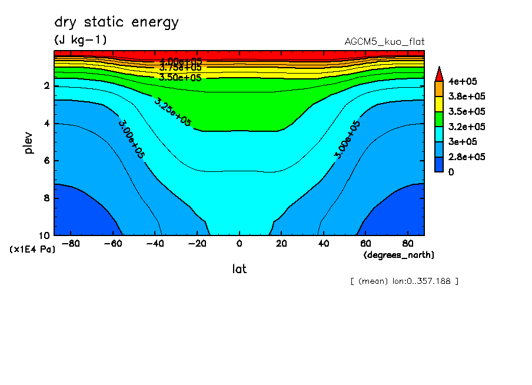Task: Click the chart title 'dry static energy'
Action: click(116, 23)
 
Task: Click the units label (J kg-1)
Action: click(80, 40)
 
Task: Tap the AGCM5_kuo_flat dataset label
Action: click(384, 42)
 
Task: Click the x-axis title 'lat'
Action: click(239, 269)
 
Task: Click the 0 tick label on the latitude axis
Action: click(239, 244)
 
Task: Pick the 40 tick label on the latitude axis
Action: click(323, 244)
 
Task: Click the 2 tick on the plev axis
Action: click(47, 86)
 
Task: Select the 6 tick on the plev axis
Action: click(47, 161)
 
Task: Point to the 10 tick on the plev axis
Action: click(45, 235)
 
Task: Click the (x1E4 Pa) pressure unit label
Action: click(33, 250)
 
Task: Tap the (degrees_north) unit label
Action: click(399, 255)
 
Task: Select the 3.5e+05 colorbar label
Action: click(464, 111)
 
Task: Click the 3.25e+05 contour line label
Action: click(172, 111)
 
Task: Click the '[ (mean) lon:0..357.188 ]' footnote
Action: click(404, 281)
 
